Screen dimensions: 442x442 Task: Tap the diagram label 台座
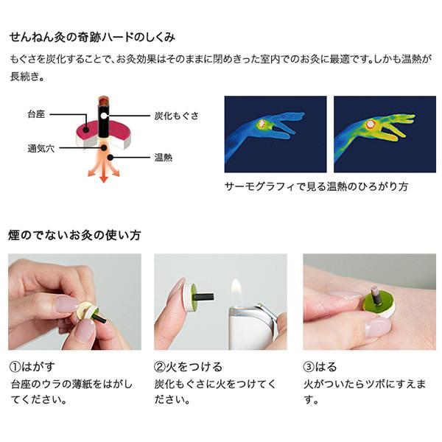tap(35, 116)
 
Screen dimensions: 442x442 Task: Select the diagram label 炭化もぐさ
tap(175, 116)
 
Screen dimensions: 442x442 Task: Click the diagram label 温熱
tap(164, 157)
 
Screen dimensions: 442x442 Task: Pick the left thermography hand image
tap(275, 133)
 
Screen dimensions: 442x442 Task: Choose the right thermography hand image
tap(385, 133)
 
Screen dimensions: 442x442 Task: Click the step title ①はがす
tap(34, 366)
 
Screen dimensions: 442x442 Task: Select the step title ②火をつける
tap(189, 366)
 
